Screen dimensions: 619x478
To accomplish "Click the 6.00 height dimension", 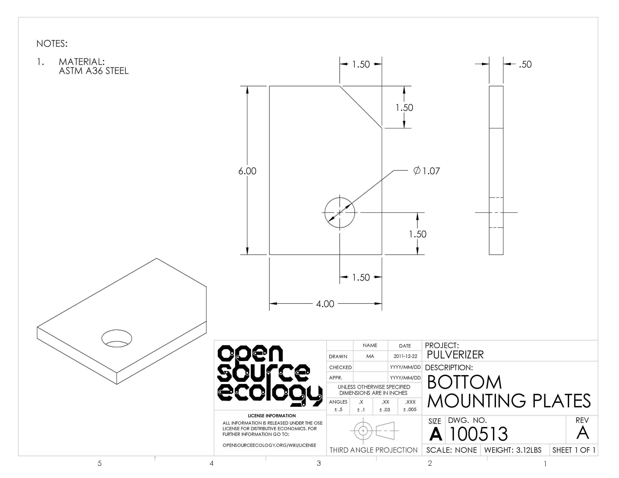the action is (247, 171).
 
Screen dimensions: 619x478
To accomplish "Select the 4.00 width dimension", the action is (325, 304).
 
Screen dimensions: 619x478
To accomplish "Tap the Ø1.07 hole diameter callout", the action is (427, 171).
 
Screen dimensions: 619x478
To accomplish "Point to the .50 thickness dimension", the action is (525, 64).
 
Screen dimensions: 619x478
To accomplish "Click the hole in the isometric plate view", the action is (117, 338).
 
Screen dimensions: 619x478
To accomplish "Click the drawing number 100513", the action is (479, 434).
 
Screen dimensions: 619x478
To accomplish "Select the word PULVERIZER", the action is (455, 355).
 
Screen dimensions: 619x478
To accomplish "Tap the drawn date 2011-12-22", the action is (405, 356).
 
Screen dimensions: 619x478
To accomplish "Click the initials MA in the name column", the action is (370, 356).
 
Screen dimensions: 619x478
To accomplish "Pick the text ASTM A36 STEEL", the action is (94, 71).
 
